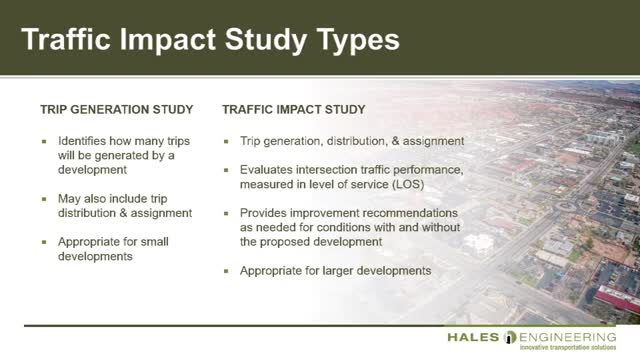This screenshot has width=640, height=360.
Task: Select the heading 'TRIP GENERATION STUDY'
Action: click(110, 107)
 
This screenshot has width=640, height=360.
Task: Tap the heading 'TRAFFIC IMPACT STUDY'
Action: click(293, 107)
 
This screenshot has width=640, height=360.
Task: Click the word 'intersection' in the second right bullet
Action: click(331, 170)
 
